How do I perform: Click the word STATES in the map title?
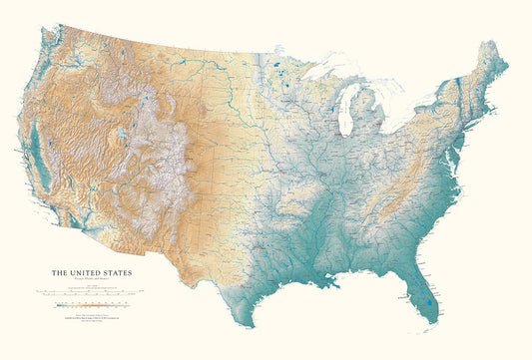click(x=113, y=272)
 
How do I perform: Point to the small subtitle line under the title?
click(x=89, y=279)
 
